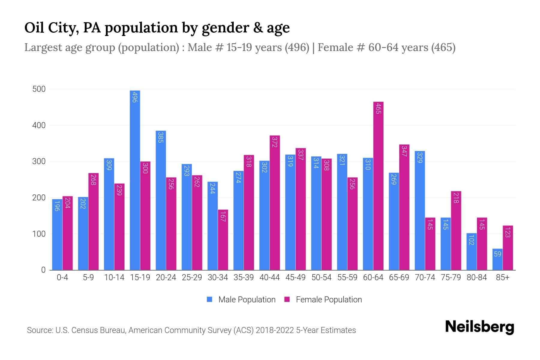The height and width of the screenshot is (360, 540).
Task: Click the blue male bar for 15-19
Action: tap(135, 180)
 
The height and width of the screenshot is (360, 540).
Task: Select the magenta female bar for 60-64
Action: tap(378, 186)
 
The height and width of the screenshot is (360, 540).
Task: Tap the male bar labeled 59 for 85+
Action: tap(497, 259)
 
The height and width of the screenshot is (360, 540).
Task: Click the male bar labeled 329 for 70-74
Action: tap(420, 210)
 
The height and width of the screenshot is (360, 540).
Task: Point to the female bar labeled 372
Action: tap(274, 202)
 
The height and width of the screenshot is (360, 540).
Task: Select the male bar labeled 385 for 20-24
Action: tap(161, 200)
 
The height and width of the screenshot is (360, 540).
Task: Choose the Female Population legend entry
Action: tap(323, 300)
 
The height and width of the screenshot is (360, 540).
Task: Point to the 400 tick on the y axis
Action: tap(39, 125)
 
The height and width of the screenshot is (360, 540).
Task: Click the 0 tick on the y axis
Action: tap(43, 270)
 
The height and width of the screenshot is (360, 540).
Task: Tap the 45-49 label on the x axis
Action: tap(295, 277)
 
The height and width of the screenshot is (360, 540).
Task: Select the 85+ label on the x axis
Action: tap(502, 277)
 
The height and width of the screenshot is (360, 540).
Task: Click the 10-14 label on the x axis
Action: tap(114, 277)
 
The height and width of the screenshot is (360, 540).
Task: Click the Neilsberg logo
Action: tap(479, 327)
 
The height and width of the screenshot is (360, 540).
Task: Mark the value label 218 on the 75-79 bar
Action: tap(456, 198)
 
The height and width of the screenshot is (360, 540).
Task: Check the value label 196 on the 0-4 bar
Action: tap(57, 206)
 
